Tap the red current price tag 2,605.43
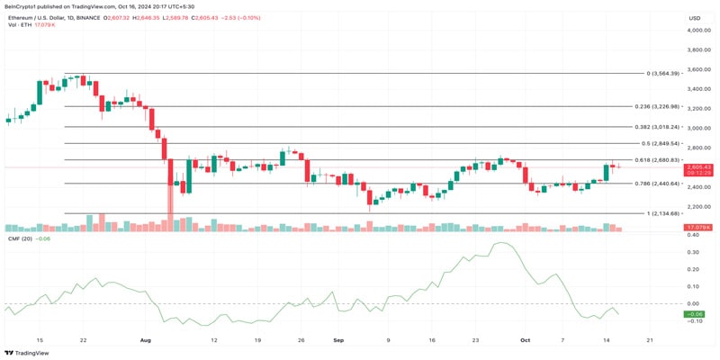pyautogui.click(x=698, y=167)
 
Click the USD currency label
pyautogui.click(x=695, y=18)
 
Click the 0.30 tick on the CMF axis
pyautogui.click(x=693, y=252)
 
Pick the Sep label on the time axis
pyautogui.click(x=338, y=340)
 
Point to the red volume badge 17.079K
pyautogui.click(x=698, y=228)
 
